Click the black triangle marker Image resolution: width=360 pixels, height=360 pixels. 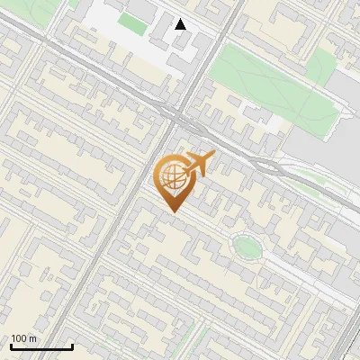181,24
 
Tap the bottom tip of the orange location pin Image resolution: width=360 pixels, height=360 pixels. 173,211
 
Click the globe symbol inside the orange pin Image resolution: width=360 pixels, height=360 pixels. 173,177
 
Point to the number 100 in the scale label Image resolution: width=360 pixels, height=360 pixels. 20,338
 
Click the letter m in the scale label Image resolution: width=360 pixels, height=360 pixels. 33,338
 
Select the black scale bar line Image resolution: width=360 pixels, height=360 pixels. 41,346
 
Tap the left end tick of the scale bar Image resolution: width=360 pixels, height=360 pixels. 11,345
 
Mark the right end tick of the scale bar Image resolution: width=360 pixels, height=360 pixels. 72,345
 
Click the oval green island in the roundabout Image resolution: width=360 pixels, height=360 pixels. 246,245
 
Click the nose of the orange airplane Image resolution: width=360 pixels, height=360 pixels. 212,157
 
